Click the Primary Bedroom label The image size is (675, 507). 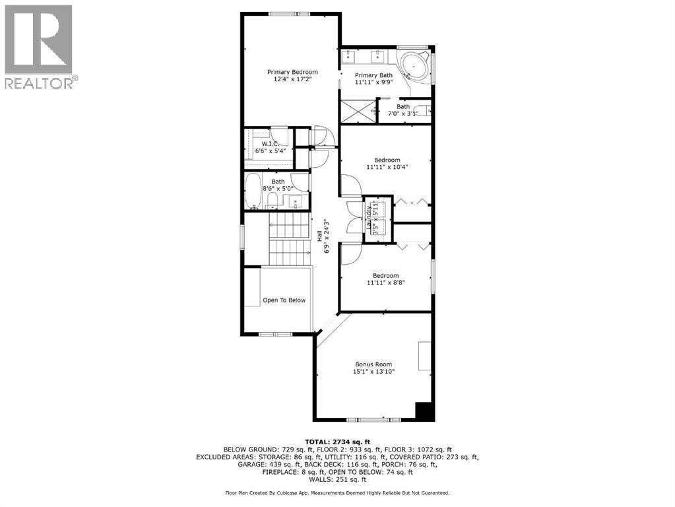[292, 72]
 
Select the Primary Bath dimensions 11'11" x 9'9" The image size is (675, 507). [373, 84]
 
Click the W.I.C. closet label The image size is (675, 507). [270, 144]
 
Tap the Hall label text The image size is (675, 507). [319, 236]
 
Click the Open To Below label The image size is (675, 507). [284, 300]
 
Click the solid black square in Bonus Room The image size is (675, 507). [423, 411]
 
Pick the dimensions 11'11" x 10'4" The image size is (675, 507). [387, 168]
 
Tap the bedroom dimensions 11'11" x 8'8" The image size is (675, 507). [386, 283]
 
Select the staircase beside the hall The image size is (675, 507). [290, 240]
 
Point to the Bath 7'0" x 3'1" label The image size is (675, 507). [402, 106]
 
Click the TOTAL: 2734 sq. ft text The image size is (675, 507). [337, 441]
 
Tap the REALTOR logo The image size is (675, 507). [39, 47]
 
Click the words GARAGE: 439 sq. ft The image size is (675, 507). [263, 464]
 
